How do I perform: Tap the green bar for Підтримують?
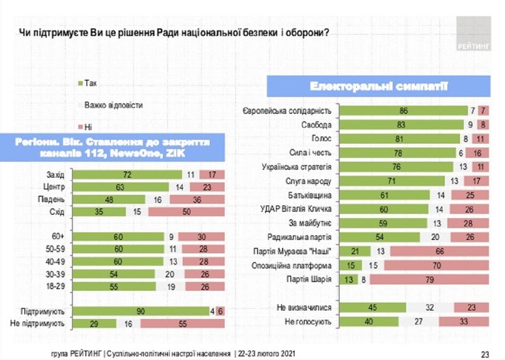[141, 310]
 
